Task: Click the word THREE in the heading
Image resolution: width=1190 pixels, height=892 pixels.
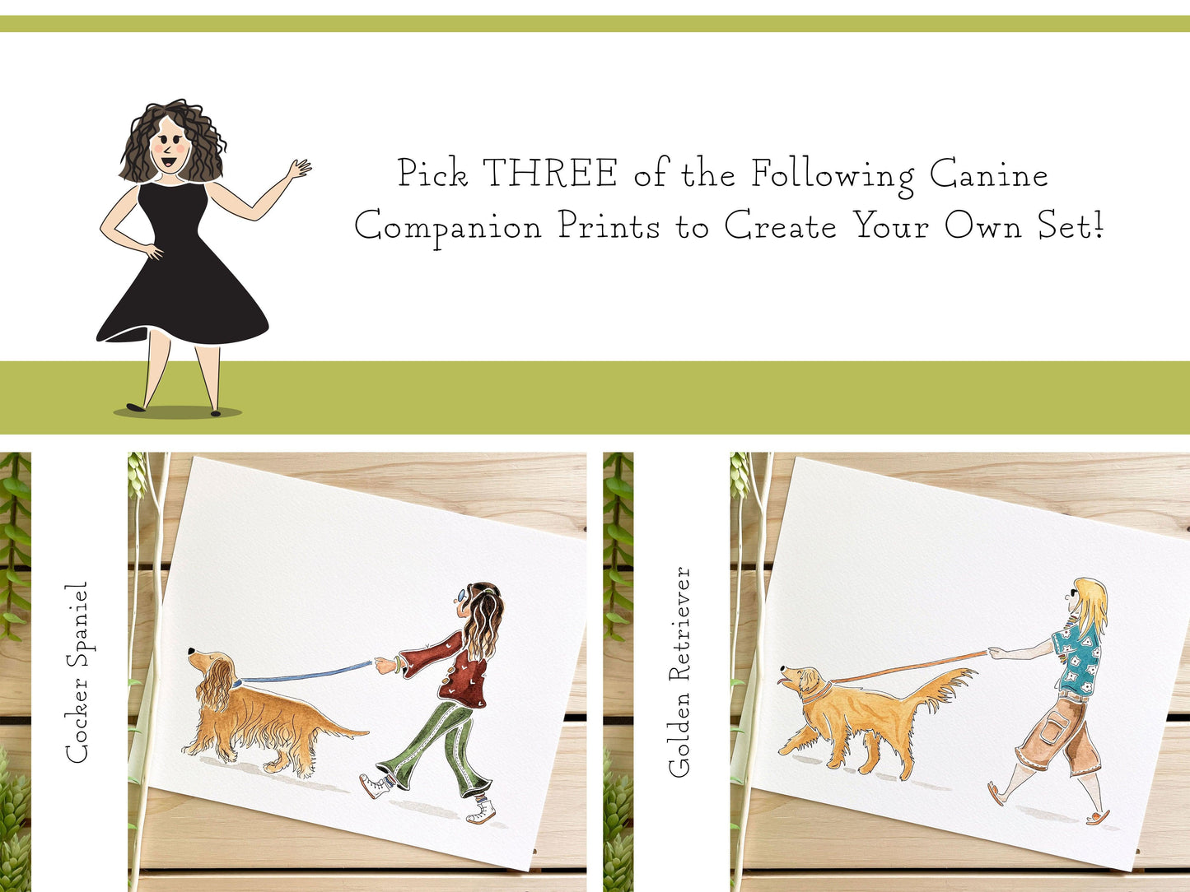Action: (550, 174)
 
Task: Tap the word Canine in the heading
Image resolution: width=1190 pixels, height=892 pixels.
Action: (988, 174)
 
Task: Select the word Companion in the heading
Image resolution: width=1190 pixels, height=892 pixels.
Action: (448, 227)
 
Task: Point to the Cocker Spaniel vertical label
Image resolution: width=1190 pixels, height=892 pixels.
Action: (77, 672)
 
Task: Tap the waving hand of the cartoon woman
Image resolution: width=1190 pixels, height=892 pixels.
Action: (299, 169)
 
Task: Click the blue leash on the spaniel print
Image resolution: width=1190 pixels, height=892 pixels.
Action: (306, 673)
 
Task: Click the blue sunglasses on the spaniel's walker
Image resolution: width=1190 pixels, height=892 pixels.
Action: (460, 595)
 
